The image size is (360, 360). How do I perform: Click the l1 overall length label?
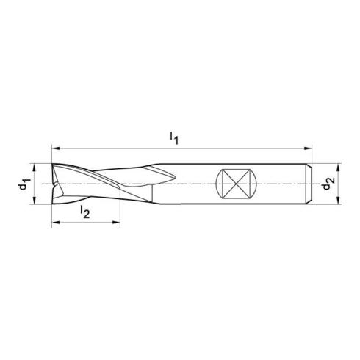(174, 138)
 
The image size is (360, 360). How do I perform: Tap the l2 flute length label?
(85, 212)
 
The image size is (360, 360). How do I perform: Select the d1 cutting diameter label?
(24, 184)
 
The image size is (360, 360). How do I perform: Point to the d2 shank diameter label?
(328, 184)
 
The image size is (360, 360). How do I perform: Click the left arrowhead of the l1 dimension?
(56, 148)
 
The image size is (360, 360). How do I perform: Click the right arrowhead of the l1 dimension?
(308, 148)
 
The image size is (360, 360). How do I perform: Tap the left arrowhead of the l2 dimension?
(56, 223)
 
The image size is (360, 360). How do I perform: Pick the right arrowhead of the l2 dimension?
(116, 223)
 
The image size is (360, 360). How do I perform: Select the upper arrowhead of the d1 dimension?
(34, 168)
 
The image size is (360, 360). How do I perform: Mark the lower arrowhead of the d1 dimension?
(34, 200)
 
